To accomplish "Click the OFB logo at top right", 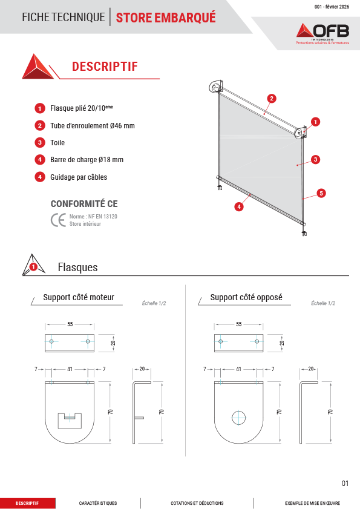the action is click(322, 33).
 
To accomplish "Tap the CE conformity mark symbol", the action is click(58, 220).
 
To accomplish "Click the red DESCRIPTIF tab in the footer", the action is click(27, 503).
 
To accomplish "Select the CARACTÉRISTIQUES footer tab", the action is click(98, 503).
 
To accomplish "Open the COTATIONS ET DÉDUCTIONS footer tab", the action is click(197, 503).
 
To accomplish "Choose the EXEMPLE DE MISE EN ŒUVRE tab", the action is click(313, 503).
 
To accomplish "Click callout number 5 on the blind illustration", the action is click(321, 193).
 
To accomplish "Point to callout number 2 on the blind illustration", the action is click(272, 99).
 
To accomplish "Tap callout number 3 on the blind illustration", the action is click(315, 159).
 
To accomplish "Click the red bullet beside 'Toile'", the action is click(40, 142).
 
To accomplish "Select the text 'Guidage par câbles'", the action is click(79, 177).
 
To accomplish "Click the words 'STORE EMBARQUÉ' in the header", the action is click(166, 18).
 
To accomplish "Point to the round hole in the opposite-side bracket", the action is click(238, 418).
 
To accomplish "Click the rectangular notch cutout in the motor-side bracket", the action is click(70, 421).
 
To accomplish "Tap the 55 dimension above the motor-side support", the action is click(70, 324).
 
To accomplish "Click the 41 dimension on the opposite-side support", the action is click(238, 369).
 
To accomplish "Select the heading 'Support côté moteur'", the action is click(79, 297).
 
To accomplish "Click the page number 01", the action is click(345, 484).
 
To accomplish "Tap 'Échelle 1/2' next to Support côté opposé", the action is click(323, 303).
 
